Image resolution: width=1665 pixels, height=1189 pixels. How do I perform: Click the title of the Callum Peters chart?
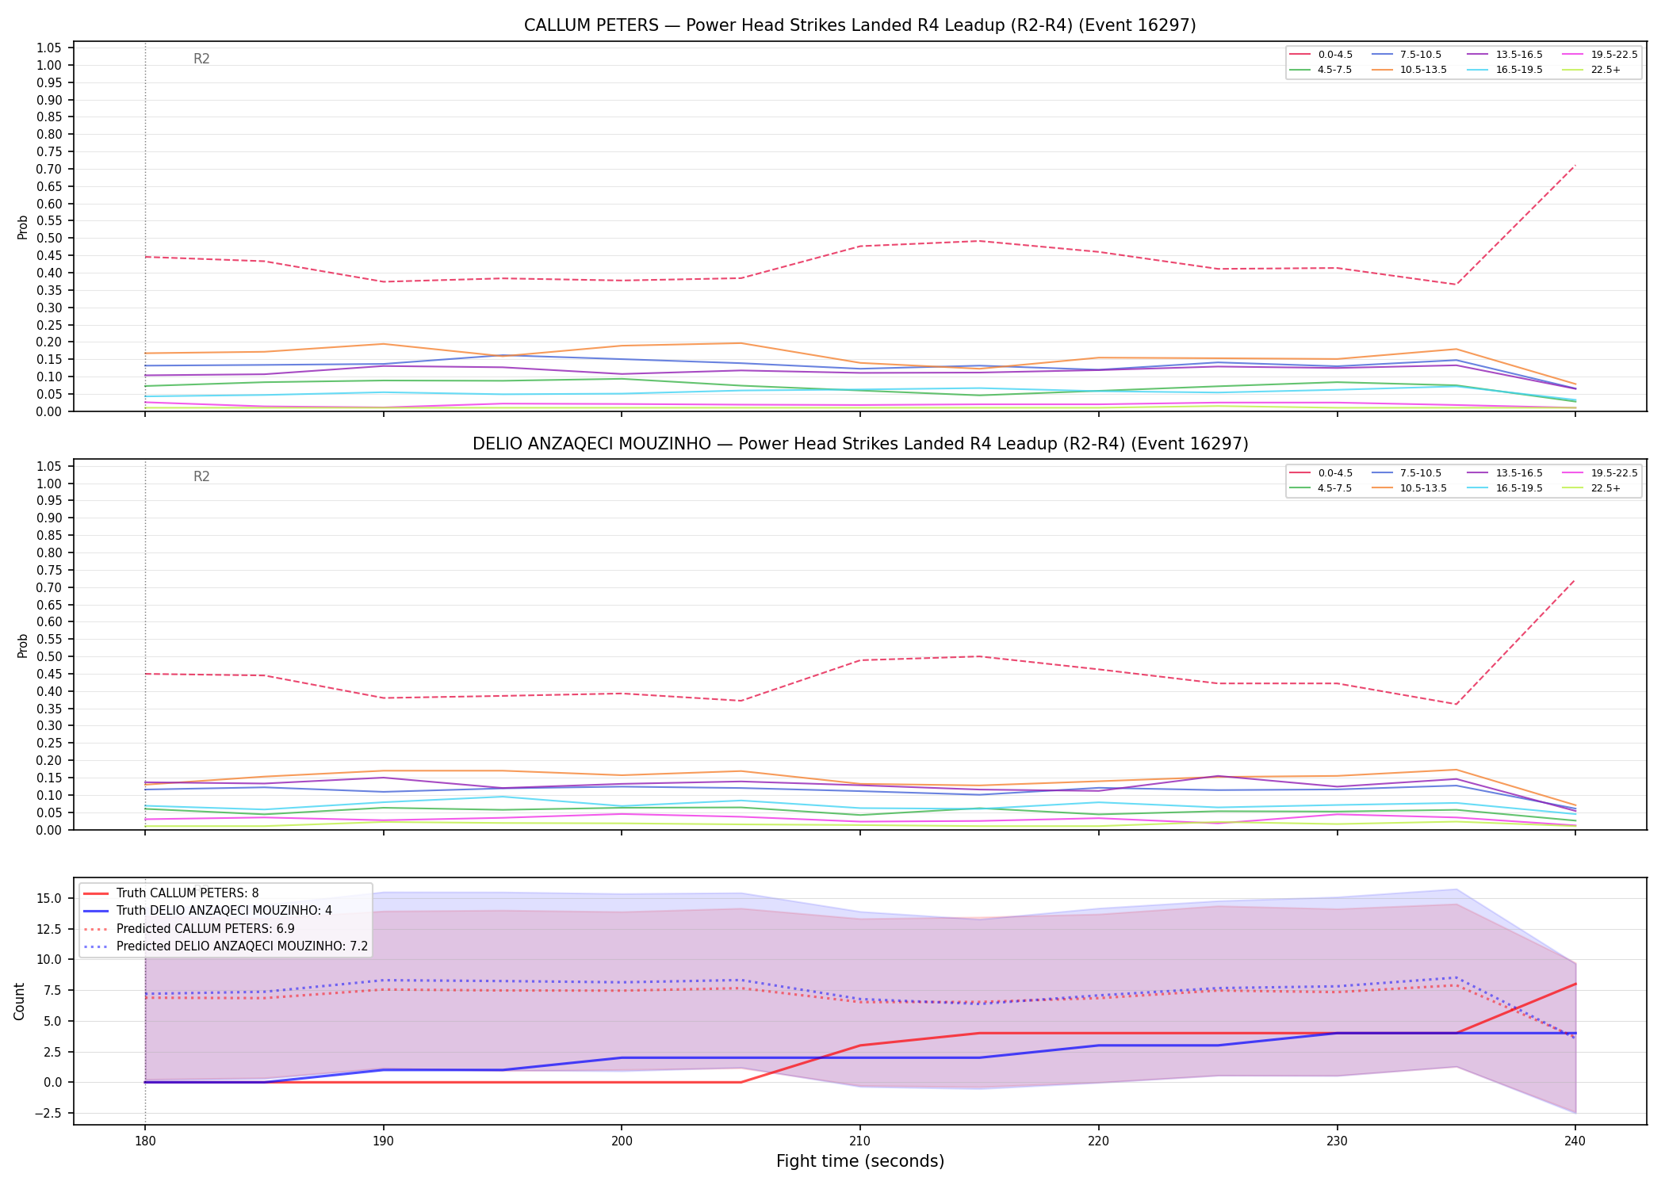click(860, 25)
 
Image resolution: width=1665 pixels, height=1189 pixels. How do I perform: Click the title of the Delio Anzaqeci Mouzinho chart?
click(860, 444)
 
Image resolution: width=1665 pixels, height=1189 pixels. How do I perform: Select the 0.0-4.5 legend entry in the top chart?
click(1322, 55)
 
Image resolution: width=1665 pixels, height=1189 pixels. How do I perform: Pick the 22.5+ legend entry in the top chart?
click(1591, 70)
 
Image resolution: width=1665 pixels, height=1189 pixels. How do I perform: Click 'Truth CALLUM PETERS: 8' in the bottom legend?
click(171, 893)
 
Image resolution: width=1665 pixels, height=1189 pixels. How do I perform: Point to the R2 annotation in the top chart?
click(201, 59)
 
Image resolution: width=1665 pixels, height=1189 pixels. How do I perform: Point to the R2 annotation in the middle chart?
click(201, 476)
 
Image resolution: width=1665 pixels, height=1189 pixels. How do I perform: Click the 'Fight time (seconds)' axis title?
click(860, 1162)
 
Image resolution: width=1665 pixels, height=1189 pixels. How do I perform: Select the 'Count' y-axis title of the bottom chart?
click(20, 1001)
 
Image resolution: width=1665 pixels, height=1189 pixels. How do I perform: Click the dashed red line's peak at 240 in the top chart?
click(1575, 166)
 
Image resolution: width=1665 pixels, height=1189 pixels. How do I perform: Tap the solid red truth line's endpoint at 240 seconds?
click(1575, 984)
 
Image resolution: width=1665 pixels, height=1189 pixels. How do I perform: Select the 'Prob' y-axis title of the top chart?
click(23, 227)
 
